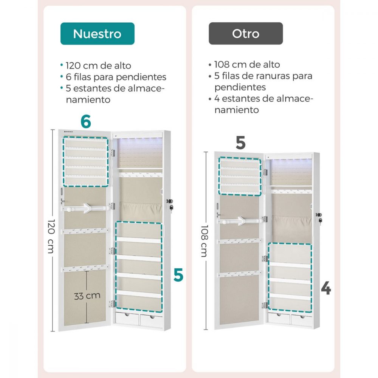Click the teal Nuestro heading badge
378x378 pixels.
pyautogui.click(x=98, y=34)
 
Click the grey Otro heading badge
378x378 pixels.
pyautogui.click(x=246, y=33)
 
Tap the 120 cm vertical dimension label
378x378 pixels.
pyautogui.click(x=51, y=236)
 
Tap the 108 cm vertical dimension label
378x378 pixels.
pyautogui.click(x=204, y=241)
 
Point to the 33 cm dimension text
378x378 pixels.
pyautogui.click(x=87, y=296)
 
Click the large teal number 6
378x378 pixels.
pyautogui.click(x=86, y=121)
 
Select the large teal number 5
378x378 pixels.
pyautogui.click(x=178, y=275)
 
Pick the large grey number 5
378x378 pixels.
pyautogui.click(x=240, y=143)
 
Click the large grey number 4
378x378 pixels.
pyautogui.click(x=326, y=288)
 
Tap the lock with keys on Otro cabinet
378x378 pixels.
pyautogui.click(x=319, y=218)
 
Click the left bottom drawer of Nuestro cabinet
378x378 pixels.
pyautogui.click(x=127, y=318)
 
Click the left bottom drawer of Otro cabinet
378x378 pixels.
pyautogui.click(x=279, y=318)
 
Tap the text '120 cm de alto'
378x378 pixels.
pyautogui.click(x=98, y=65)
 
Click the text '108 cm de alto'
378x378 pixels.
pyautogui.click(x=247, y=65)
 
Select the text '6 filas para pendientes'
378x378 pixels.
pyautogui.click(x=116, y=77)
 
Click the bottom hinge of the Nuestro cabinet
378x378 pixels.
pyautogui.click(x=112, y=304)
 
